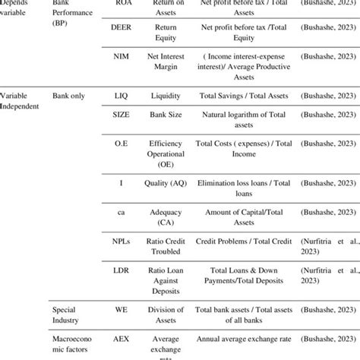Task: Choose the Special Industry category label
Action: point(69,315)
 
